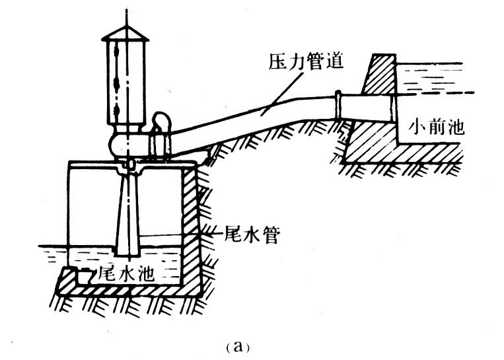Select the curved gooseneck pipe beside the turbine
click(161, 122)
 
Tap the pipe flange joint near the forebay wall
click(338, 105)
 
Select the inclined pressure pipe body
click(251, 119)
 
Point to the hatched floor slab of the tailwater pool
click(132, 290)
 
